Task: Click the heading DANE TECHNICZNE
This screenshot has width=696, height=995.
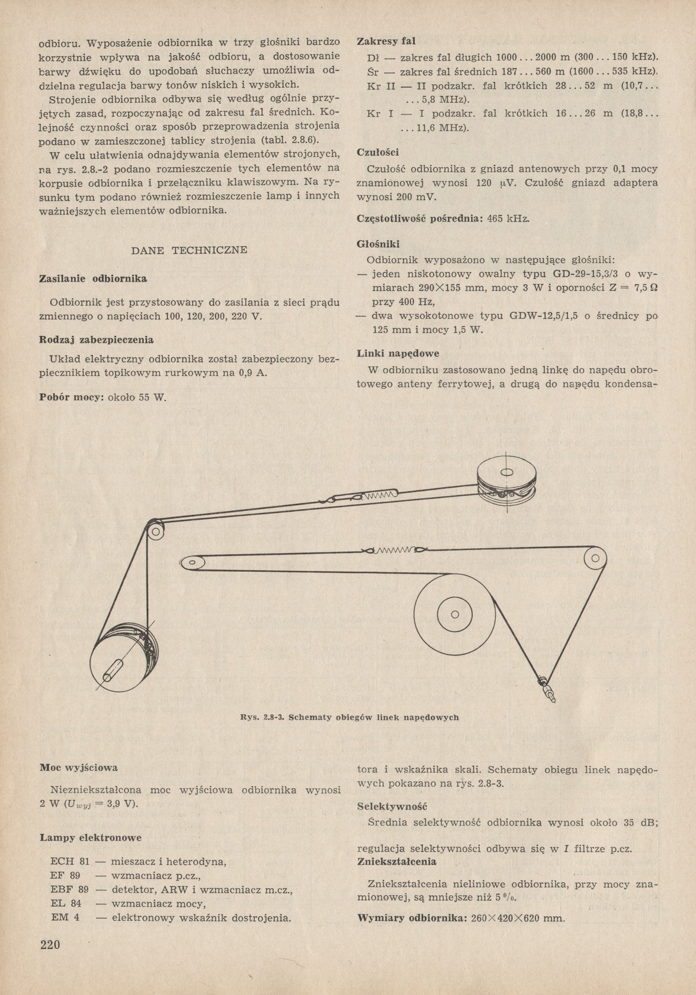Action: pos(189,250)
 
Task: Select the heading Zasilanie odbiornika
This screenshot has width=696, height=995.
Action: pos(93,278)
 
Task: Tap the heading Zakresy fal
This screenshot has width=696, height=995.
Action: pos(386,41)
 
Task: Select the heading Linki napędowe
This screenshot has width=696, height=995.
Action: pos(398,354)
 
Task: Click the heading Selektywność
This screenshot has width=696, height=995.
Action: pos(393,807)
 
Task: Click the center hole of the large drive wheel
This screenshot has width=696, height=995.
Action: pos(454,614)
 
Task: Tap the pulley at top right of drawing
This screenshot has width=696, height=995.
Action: pos(507,474)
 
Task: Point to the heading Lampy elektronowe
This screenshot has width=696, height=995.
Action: pos(91,838)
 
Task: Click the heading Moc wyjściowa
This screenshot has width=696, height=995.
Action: pos(79,767)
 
